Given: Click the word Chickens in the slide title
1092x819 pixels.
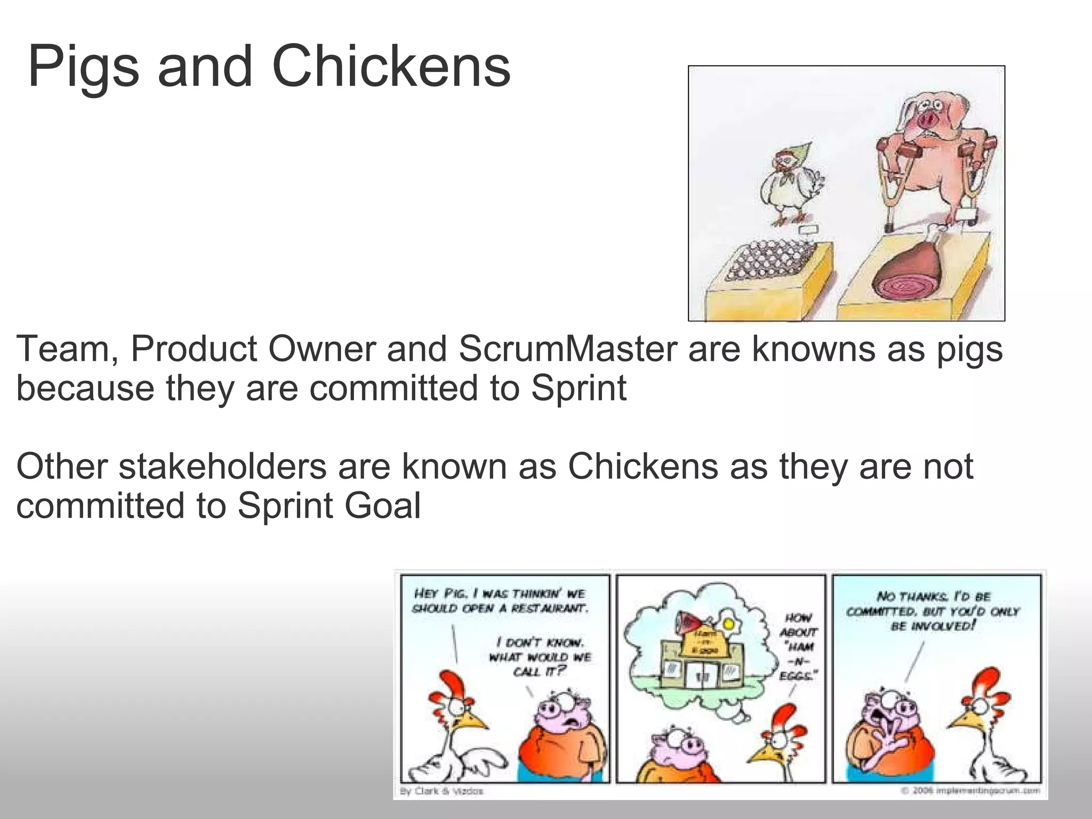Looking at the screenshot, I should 391,67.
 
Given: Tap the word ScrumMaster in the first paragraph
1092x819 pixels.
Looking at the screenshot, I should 567,349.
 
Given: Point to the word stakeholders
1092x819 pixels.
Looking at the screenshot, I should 222,467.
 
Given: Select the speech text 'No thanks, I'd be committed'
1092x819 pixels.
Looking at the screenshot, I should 933,611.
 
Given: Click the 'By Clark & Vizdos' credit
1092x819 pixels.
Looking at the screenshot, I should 441,791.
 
